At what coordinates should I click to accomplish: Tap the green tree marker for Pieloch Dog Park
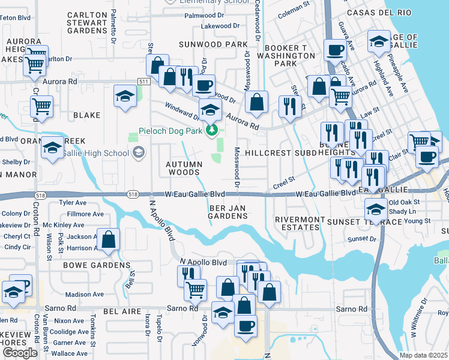click(x=211, y=130)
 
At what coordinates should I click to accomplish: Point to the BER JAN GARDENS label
click(x=228, y=212)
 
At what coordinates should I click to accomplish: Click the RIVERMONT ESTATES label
click(x=297, y=224)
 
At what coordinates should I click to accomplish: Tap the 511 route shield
click(x=143, y=81)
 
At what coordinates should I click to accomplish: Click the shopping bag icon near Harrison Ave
click(x=109, y=239)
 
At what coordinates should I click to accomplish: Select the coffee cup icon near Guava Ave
click(x=335, y=50)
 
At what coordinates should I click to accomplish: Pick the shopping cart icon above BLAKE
click(x=41, y=106)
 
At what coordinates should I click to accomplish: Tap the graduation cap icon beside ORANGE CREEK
click(x=52, y=148)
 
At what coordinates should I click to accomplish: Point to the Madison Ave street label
click(x=85, y=295)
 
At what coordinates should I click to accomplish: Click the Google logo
click(x=20, y=353)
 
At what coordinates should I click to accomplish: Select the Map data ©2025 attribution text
click(x=423, y=355)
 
